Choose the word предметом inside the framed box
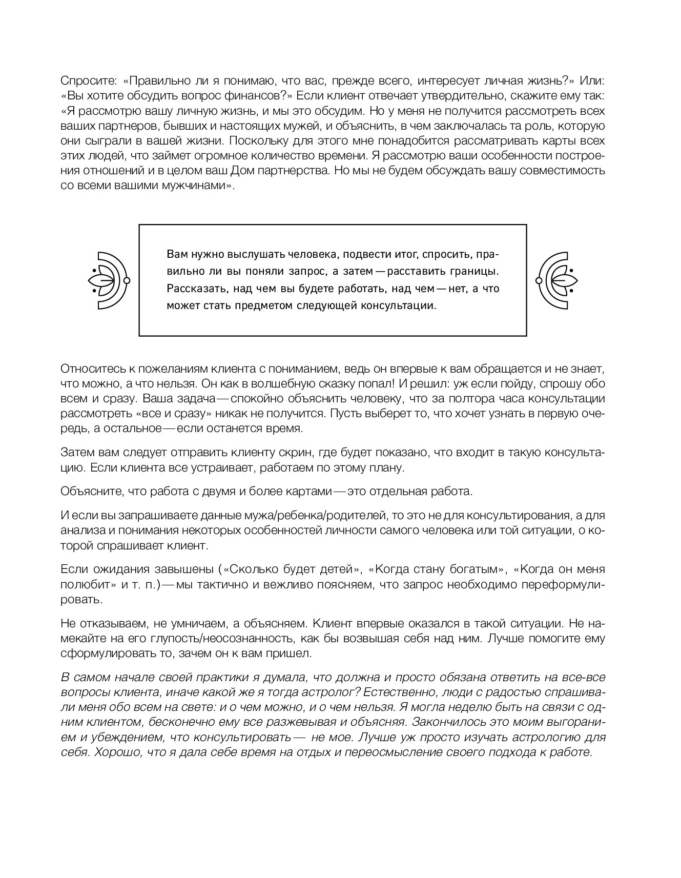tap(262, 306)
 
